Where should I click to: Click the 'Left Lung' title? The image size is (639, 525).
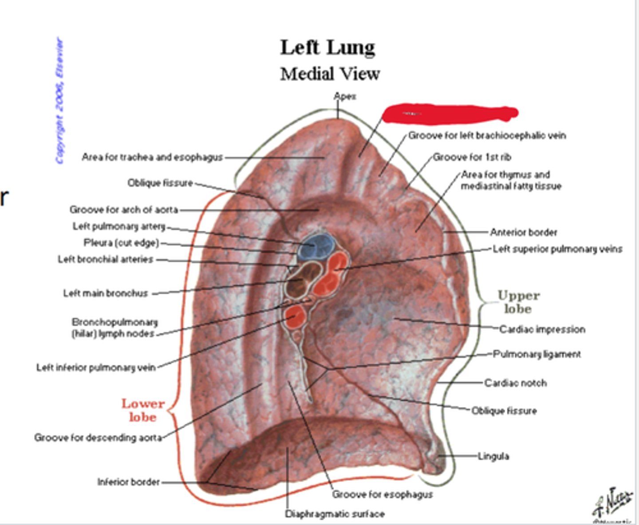point(327,47)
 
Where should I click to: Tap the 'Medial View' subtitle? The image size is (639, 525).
point(330,74)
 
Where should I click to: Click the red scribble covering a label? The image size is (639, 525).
point(449,113)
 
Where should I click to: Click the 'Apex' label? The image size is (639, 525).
point(345,96)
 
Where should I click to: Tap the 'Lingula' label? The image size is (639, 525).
point(493,456)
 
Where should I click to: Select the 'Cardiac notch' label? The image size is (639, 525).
point(515,383)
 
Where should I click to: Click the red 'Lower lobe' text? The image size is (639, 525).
point(142,410)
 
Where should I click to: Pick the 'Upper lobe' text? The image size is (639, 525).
point(518,302)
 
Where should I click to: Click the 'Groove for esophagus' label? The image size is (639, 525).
point(382,494)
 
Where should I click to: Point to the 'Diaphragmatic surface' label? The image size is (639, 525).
point(335,514)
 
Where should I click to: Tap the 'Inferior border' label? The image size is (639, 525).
point(128,482)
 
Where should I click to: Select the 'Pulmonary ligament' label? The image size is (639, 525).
point(537,354)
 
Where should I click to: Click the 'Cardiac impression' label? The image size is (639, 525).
point(542,329)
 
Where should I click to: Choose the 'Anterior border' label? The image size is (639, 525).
point(523,232)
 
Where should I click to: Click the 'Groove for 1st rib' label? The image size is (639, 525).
point(472,157)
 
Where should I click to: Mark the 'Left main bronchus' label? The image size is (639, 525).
point(106,293)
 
